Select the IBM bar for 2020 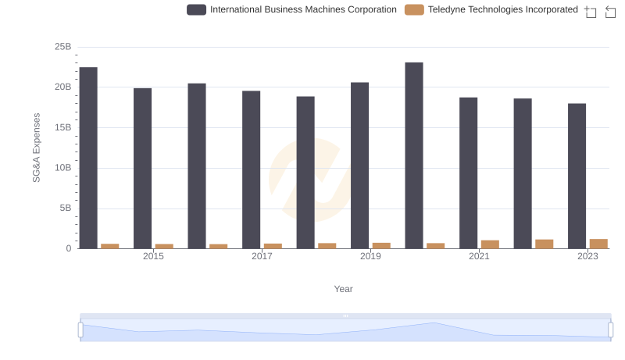[414, 155]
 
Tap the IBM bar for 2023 [577, 176]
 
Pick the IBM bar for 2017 [251, 169]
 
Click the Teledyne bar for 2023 [598, 244]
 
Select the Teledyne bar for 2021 [490, 244]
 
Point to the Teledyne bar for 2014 [110, 246]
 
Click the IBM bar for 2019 [359, 166]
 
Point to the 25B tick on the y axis [62, 47]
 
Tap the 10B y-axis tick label [62, 168]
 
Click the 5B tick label [65, 209]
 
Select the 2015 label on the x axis [153, 256]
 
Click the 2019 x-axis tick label [370, 256]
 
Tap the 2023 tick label [587, 256]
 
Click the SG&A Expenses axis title [36, 148]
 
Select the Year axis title [344, 289]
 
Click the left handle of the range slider [80, 330]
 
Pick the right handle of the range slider [610, 330]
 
